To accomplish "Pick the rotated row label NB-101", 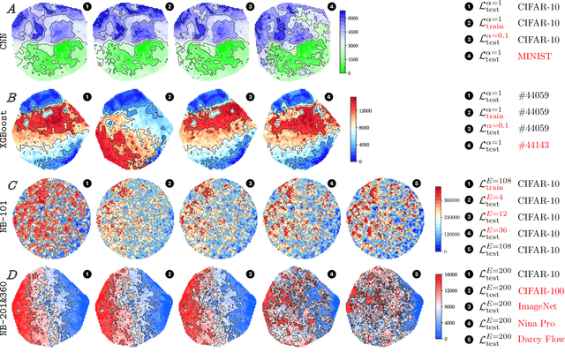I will pos(7,211).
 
